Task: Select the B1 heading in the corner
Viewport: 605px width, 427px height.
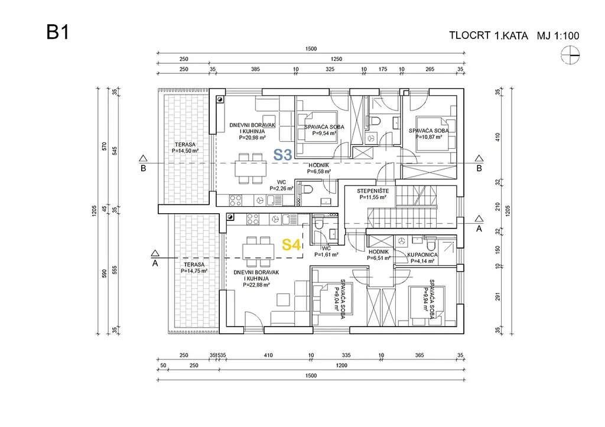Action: pos(58,32)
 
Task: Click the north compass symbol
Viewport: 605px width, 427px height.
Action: pos(570,56)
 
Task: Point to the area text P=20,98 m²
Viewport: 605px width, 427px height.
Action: pos(252,138)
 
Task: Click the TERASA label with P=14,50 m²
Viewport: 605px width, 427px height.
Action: pos(184,147)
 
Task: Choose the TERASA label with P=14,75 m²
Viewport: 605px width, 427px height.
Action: pos(190,268)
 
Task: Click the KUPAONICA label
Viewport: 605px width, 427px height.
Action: pos(422,255)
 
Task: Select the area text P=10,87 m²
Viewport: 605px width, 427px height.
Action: pos(428,138)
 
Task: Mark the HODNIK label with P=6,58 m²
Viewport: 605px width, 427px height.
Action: pos(319,168)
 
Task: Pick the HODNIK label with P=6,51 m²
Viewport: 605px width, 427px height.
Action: pos(379,255)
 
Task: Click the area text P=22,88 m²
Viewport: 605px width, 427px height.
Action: pos(256,285)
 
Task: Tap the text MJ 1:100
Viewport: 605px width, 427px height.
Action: pos(558,35)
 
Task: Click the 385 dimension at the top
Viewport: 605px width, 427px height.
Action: pos(255,70)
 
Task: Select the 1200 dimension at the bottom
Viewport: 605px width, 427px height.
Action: pos(341,366)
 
